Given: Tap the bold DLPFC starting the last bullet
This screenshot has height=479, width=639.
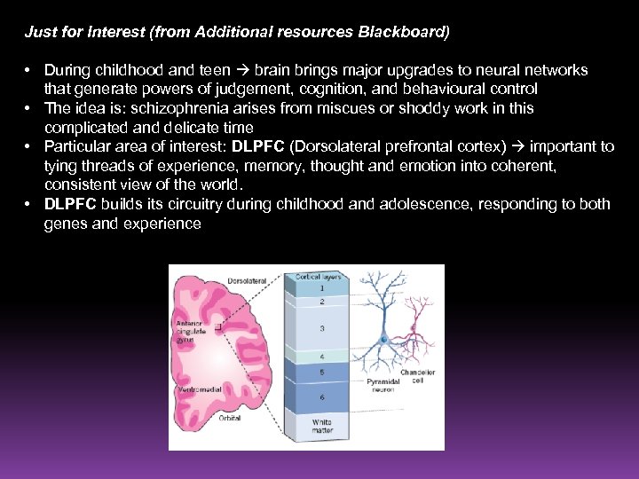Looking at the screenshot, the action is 71,204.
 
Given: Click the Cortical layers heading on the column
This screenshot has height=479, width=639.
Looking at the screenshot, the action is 319,276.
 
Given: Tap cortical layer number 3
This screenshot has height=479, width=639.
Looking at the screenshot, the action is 320,328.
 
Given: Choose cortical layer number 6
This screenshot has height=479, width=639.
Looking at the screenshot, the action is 320,397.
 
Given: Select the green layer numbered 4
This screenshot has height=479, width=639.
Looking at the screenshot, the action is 320,357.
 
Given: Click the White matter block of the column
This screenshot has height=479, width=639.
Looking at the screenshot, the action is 320,427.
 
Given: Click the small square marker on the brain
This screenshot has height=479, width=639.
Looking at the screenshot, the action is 218,326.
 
